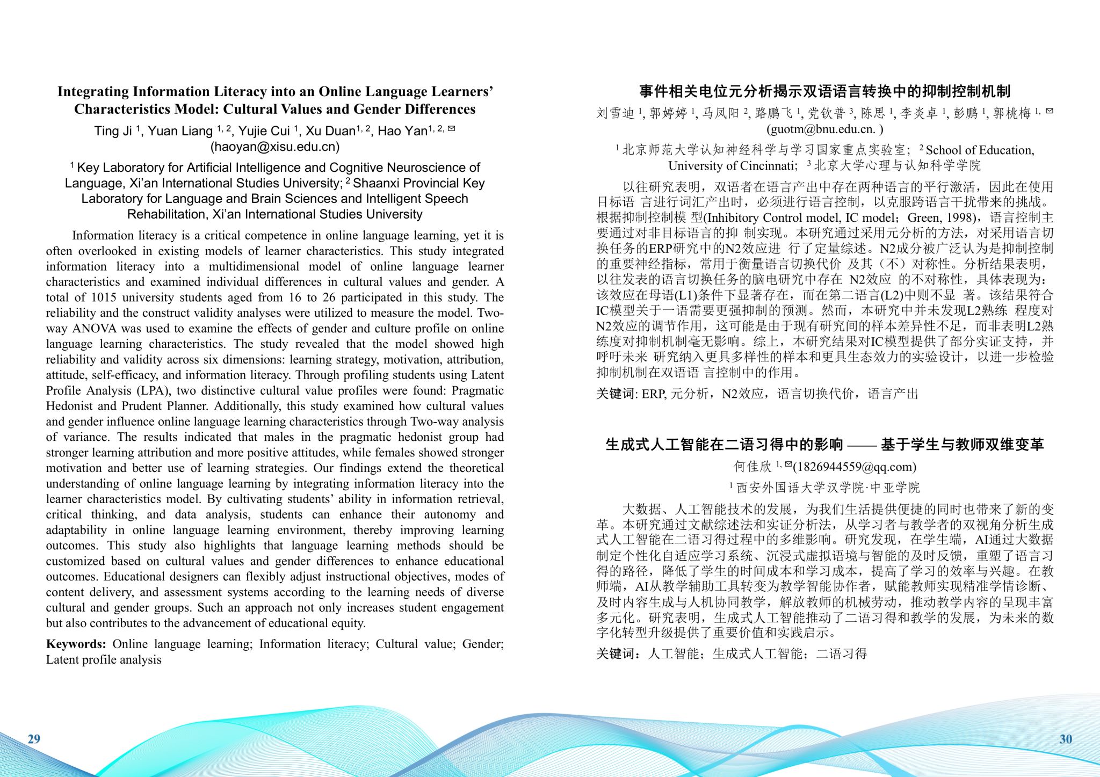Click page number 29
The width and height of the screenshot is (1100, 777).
(x=34, y=739)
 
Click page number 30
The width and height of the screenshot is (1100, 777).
(x=1066, y=739)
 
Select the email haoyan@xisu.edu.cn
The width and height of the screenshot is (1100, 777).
(x=275, y=147)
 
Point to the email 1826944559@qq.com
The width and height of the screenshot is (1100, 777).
(x=855, y=467)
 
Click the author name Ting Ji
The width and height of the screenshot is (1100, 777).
(x=113, y=131)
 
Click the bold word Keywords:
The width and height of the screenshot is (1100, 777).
(x=76, y=644)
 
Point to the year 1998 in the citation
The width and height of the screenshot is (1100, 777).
(x=959, y=218)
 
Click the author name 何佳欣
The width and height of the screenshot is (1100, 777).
(x=752, y=467)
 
